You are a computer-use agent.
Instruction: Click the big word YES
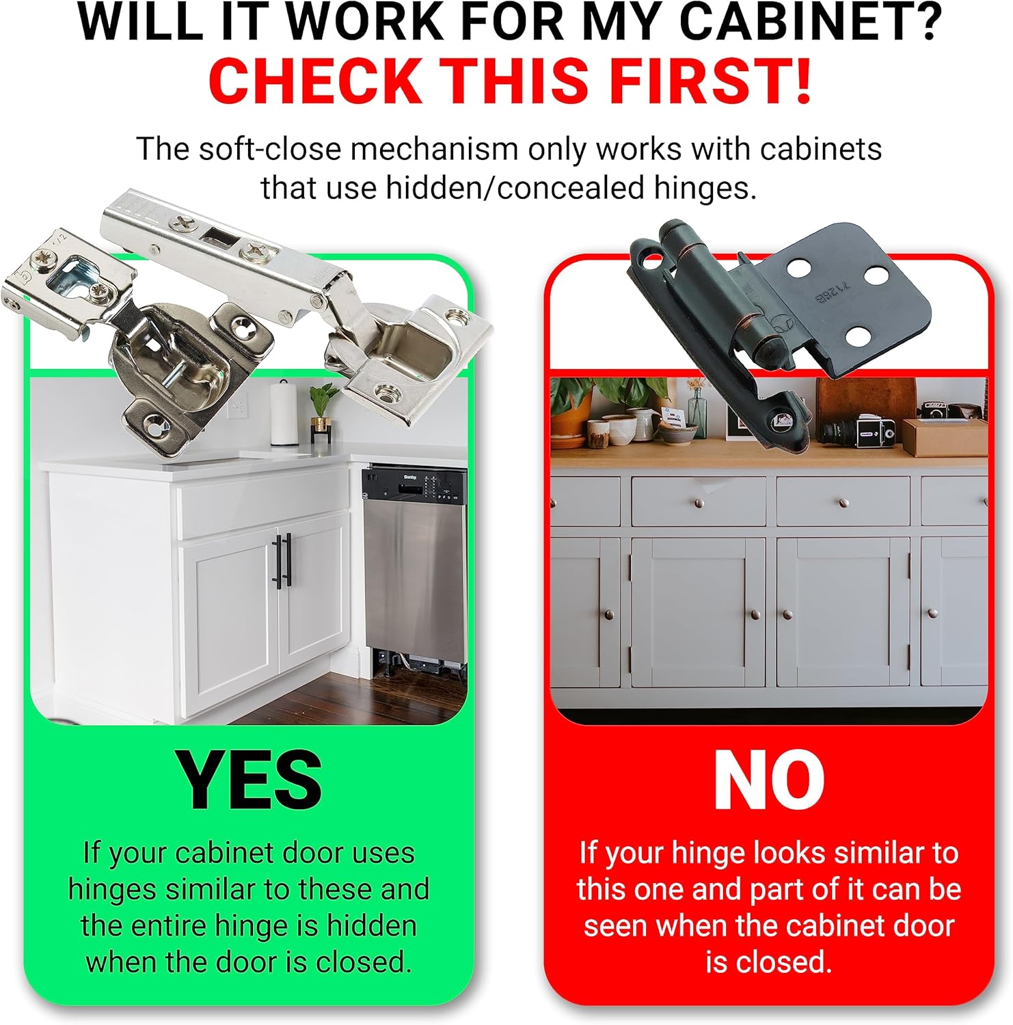pos(249,780)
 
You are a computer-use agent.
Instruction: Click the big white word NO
pos(769,780)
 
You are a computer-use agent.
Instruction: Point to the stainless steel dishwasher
pos(414,567)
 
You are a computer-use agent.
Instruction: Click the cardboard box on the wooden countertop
pos(945,437)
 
